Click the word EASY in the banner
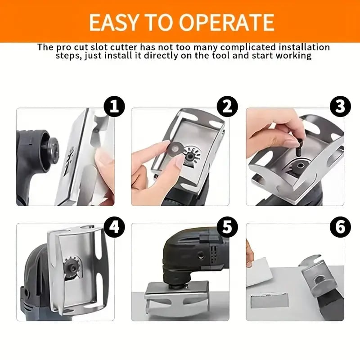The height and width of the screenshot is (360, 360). click(112, 22)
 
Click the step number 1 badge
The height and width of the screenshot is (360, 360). click(113, 107)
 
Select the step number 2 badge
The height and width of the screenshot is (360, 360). click(227, 107)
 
